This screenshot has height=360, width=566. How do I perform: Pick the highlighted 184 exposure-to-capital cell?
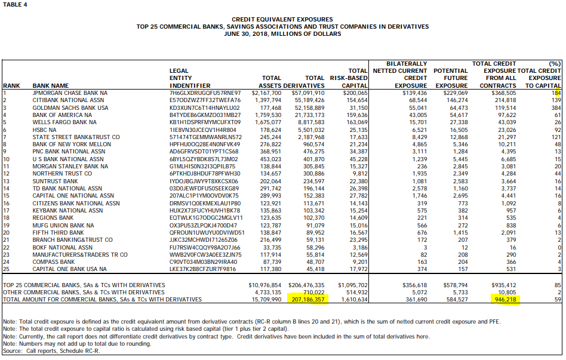556,93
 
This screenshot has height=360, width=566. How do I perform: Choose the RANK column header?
12,86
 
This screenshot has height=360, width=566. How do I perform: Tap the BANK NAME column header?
51,86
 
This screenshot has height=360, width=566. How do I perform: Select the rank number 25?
7,269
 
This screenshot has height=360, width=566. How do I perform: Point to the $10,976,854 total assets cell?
264,285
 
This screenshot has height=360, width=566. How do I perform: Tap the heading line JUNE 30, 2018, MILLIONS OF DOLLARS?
282,34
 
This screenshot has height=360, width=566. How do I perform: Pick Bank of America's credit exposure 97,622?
503,115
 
